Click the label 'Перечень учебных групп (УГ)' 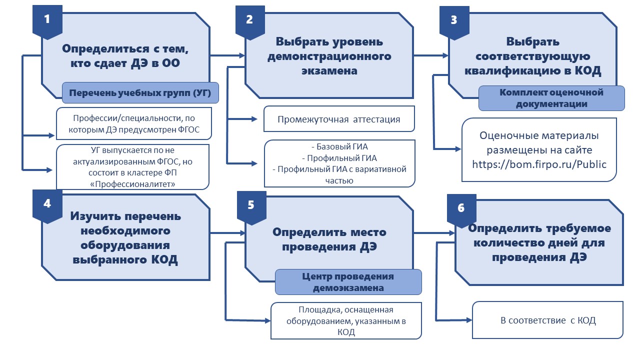coord(140,93)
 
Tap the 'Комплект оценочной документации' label coord(551,98)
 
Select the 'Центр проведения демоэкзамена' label coord(348,282)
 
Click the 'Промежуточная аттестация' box coord(339,119)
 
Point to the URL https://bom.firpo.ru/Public coord(539,164)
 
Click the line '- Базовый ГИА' coord(339,146)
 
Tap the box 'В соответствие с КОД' coord(547,320)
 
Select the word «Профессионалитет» coord(132,184)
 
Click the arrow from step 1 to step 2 coord(227,55)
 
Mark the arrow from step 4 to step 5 coord(227,233)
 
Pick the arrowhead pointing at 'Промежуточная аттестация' coord(254,119)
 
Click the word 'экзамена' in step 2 coord(329,71)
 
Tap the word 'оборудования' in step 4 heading coord(125,245)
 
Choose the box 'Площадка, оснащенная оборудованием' coord(346,320)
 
